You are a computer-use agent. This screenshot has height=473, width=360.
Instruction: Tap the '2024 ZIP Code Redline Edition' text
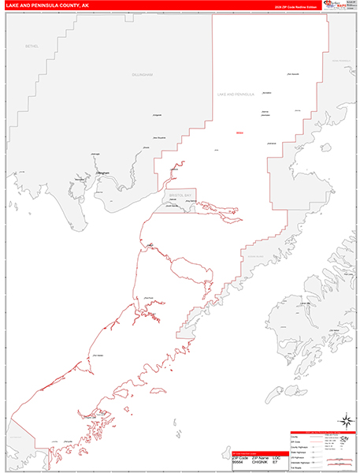(x=301, y=7)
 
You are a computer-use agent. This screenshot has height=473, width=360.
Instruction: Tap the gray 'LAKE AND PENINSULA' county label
(x=236, y=94)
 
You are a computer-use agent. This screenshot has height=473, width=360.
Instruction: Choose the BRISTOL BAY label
(x=180, y=193)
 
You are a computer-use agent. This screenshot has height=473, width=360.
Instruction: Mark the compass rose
(x=346, y=419)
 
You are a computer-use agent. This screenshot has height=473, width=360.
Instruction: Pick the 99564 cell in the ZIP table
(x=239, y=462)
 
